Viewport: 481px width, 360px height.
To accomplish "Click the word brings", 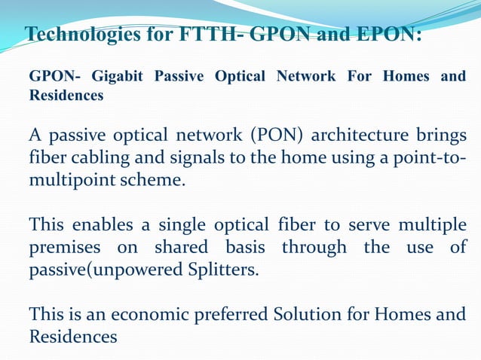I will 437,136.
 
